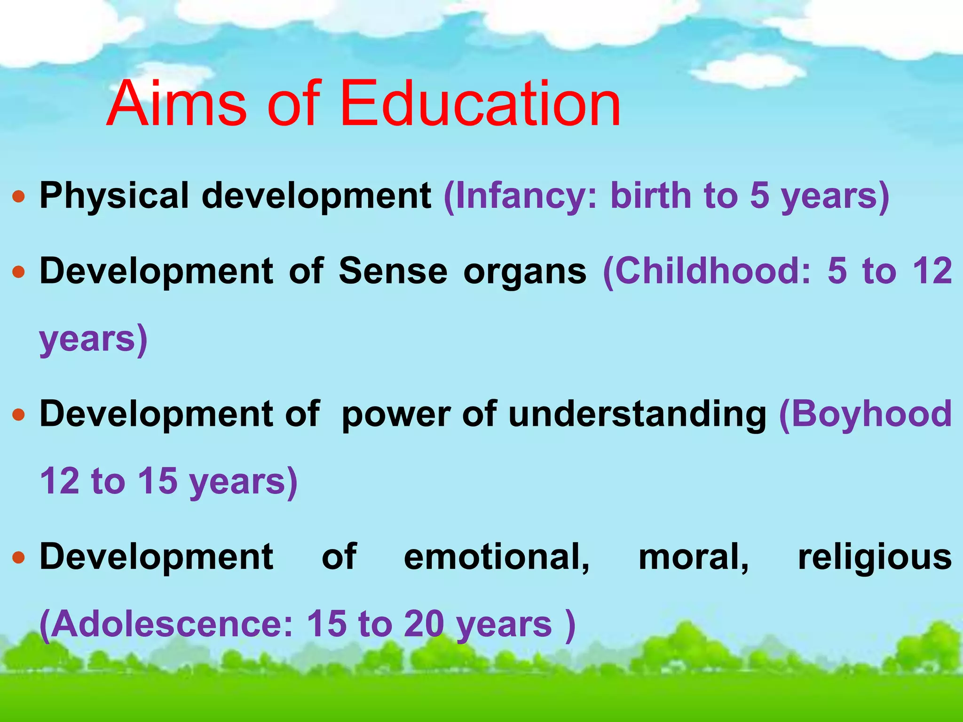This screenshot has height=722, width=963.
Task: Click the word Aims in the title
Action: coord(176,104)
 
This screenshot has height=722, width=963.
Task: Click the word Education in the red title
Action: coord(480,104)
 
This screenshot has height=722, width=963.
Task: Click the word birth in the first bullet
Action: coord(650,196)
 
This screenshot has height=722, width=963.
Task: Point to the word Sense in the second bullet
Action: coord(393,272)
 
